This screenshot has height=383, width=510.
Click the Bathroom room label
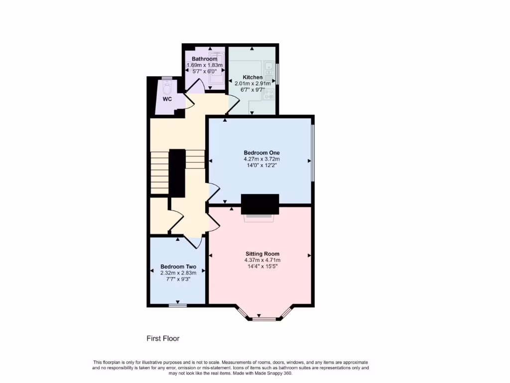(204, 59)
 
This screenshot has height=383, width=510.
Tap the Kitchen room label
(253, 77)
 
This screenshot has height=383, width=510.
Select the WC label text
(167, 99)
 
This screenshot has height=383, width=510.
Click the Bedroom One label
(261, 153)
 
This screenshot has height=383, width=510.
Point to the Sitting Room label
(262, 254)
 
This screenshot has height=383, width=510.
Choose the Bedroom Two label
(178, 266)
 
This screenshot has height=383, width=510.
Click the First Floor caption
(163, 339)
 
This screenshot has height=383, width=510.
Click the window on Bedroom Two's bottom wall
(178, 305)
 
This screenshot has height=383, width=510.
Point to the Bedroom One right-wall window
(313, 153)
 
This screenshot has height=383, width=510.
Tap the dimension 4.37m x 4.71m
(262, 260)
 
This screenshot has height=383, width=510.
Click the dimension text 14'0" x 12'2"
(261, 166)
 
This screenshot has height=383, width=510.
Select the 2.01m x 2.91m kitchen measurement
(253, 83)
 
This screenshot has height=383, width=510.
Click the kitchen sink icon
(269, 73)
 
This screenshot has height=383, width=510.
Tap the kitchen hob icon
(269, 94)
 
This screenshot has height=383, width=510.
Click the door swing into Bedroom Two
(194, 242)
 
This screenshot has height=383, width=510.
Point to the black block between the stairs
(177, 172)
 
